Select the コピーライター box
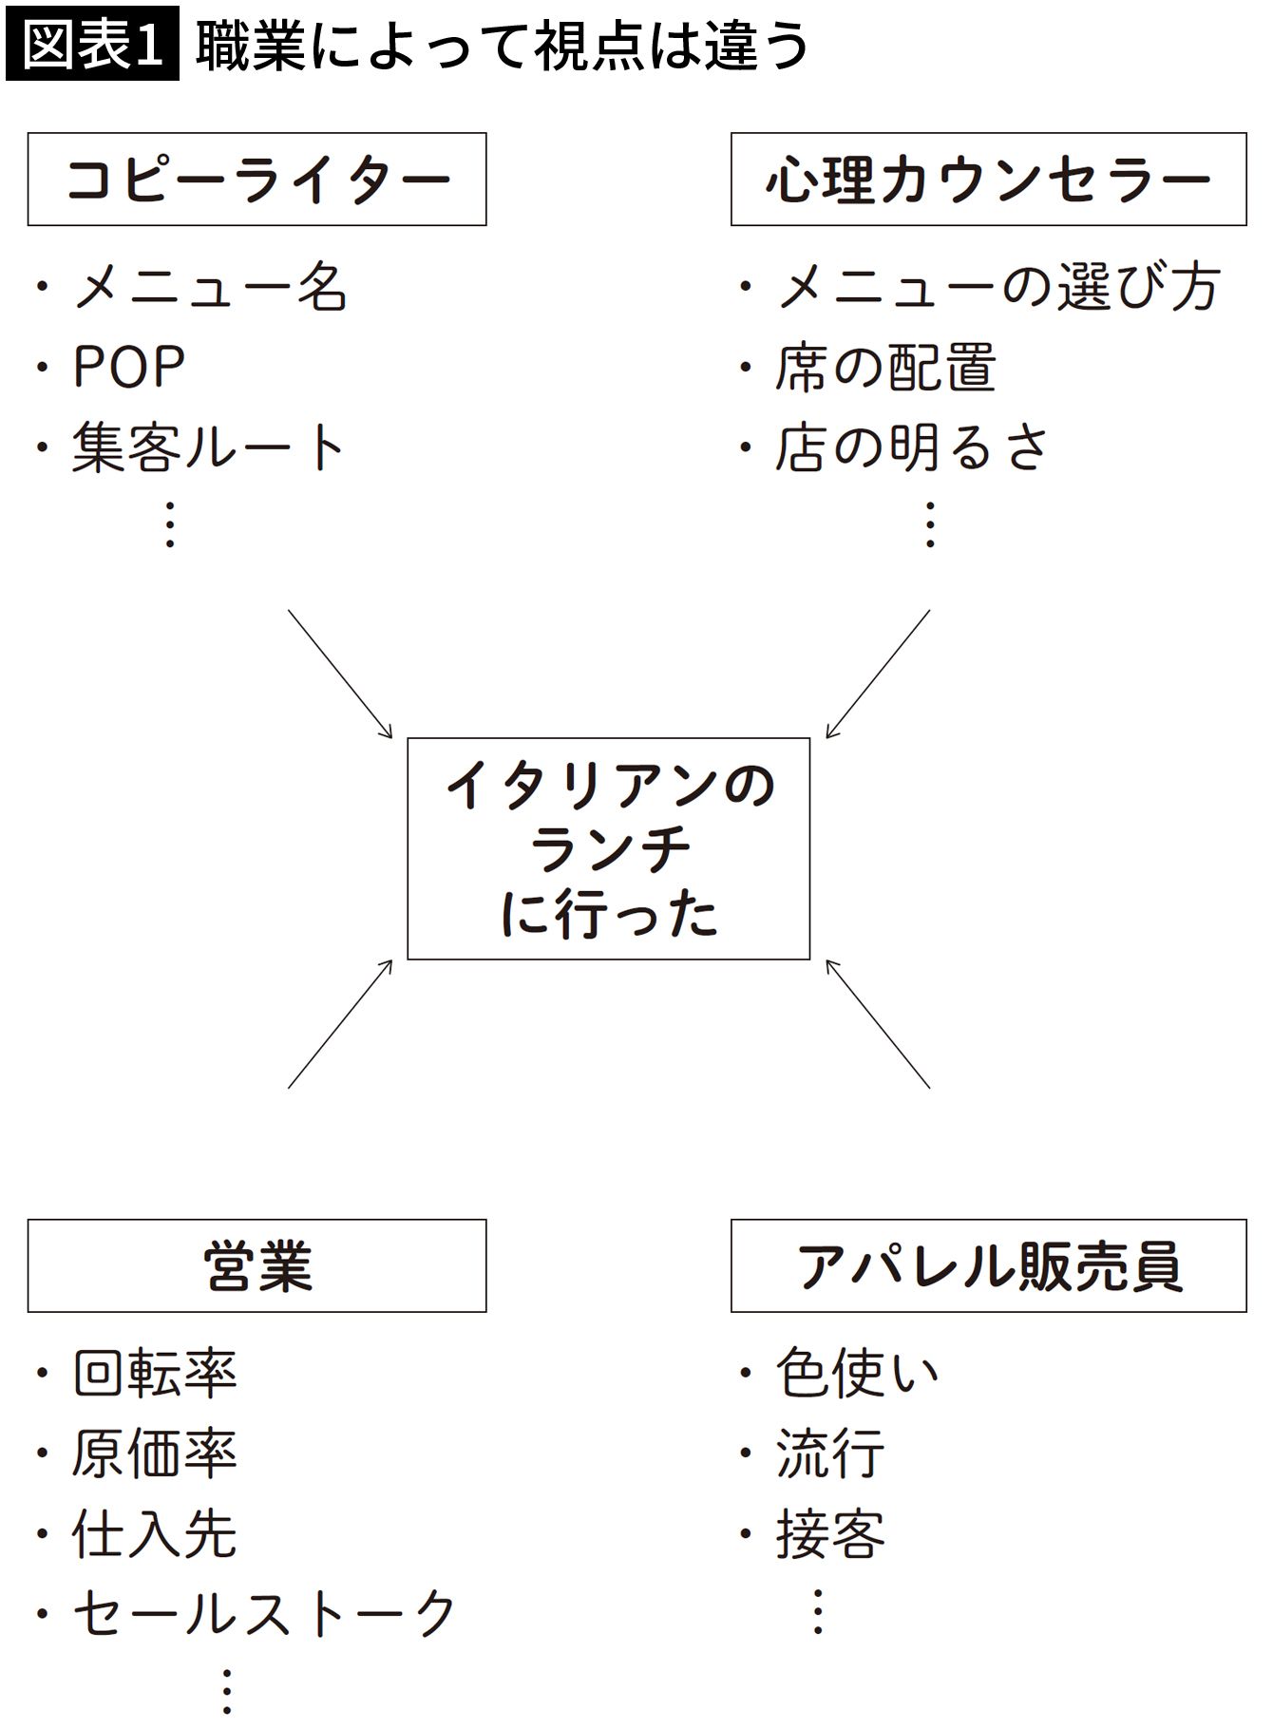pyautogui.click(x=256, y=180)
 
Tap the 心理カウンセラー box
pyautogui.click(x=988, y=180)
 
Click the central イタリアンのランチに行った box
pyautogui.click(x=608, y=848)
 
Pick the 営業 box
pyautogui.click(x=256, y=1266)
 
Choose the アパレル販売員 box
pyautogui.click(x=988, y=1266)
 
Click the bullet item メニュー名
pyautogui.click(x=209, y=287)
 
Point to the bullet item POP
pyautogui.click(x=128, y=367)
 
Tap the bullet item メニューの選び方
pyautogui.click(x=997, y=287)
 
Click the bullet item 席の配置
pyautogui.click(x=885, y=368)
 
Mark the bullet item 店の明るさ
pyautogui.click(x=912, y=447)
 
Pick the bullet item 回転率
pyautogui.click(x=154, y=1374)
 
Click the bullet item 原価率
pyautogui.click(x=154, y=1453)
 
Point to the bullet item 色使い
pyautogui.click(x=857, y=1374)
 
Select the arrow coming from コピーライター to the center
pyautogui.click(x=340, y=674)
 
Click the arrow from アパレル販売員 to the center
pyautogui.click(x=878, y=1023)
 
